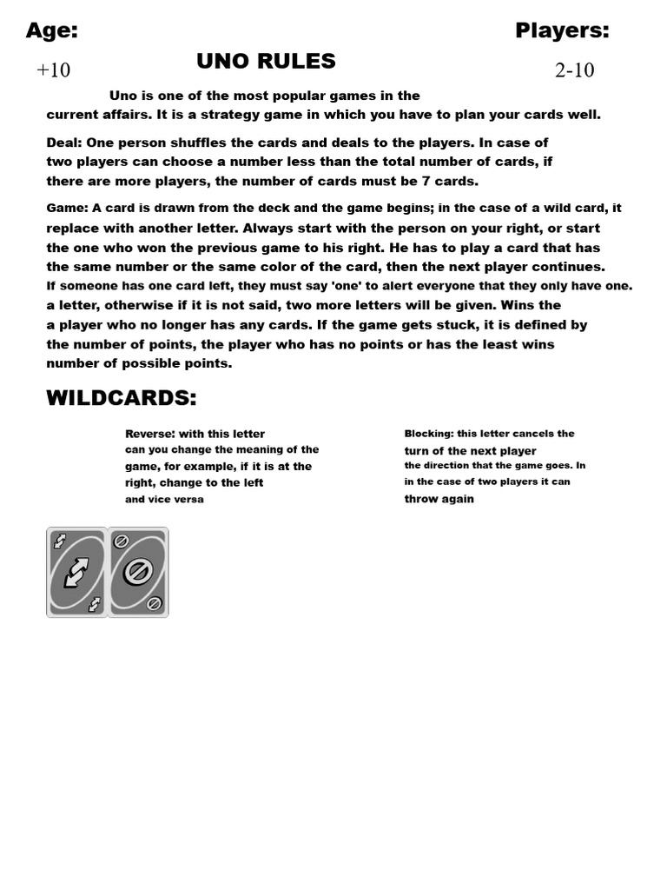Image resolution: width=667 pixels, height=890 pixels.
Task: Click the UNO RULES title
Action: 266,61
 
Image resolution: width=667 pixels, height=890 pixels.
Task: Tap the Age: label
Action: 52,31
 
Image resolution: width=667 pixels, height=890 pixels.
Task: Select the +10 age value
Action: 53,70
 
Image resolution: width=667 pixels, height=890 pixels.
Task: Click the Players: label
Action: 562,31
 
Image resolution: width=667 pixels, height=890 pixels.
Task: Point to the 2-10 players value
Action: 574,70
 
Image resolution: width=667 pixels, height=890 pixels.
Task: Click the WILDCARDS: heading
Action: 121,398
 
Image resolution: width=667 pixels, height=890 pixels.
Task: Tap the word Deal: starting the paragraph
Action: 63,143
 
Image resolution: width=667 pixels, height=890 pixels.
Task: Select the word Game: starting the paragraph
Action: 66,209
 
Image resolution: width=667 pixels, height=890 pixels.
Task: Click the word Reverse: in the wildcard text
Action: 150,434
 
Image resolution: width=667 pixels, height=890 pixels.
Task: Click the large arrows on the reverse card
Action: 77,572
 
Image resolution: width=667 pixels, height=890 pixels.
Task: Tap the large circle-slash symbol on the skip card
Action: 137,572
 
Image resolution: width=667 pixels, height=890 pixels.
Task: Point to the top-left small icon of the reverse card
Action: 59,541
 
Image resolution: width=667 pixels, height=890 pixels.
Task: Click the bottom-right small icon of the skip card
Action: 155,603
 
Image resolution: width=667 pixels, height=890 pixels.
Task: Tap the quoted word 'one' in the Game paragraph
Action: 347,286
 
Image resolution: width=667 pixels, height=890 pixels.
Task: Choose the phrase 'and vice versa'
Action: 164,500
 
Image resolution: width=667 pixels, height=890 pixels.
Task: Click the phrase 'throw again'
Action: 439,499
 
